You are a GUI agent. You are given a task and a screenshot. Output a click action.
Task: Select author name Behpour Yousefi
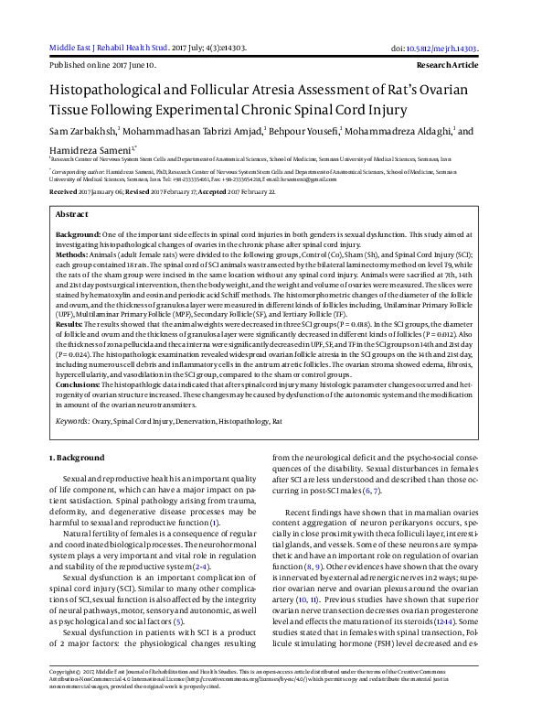point(303,131)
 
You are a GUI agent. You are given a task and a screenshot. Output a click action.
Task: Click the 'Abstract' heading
point(72,213)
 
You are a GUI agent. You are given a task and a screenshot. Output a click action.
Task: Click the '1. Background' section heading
point(78,457)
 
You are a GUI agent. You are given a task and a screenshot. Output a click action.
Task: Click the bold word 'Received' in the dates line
point(63,192)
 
